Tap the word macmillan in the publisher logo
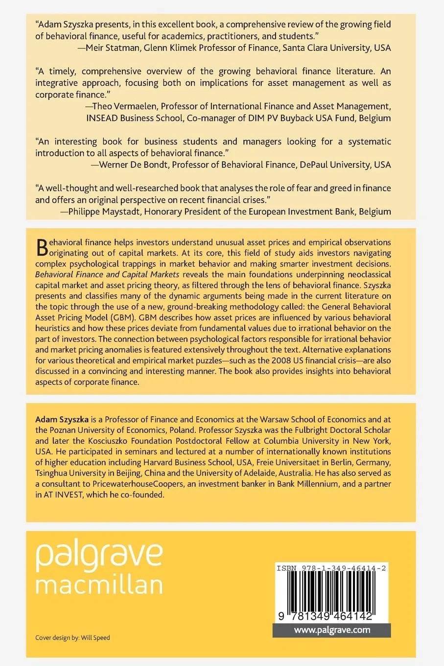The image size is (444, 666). [x=99, y=585]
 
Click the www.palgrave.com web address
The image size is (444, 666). [x=332, y=630]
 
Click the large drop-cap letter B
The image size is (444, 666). [x=42, y=248]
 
